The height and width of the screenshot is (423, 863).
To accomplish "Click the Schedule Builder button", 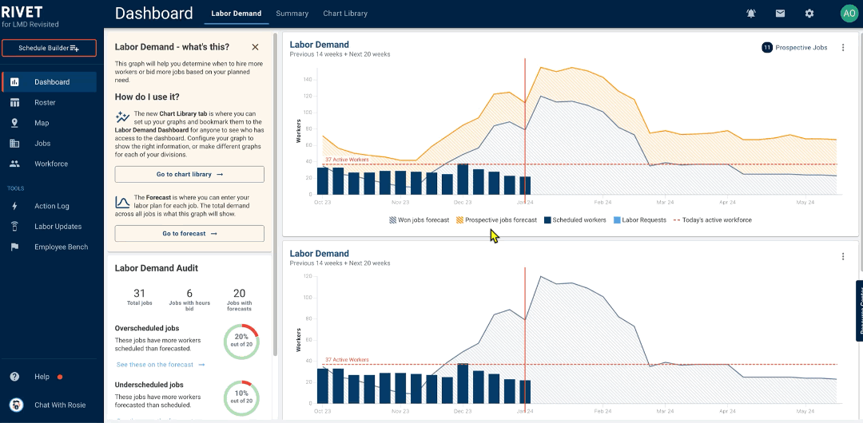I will [49, 49].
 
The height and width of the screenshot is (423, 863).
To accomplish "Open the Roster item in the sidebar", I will [45, 102].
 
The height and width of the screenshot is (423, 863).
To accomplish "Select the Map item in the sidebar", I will [42, 123].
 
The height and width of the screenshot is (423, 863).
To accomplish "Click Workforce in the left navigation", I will [50, 164].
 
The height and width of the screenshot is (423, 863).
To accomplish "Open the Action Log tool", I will [51, 206].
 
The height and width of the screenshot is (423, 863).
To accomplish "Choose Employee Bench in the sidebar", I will [61, 247].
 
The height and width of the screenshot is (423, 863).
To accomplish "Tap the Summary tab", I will [292, 14].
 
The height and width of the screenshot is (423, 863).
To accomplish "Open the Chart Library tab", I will [345, 14].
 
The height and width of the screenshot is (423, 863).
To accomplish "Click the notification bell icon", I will [751, 14].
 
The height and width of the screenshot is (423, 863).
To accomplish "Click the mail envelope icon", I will [780, 14].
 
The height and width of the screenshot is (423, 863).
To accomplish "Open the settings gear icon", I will [809, 14].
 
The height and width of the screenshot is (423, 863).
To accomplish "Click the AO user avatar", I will [848, 14].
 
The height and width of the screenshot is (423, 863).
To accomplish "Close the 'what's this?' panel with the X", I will [255, 47].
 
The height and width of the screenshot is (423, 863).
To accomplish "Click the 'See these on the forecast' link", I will [161, 365].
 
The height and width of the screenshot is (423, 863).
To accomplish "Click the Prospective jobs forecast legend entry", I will [496, 220].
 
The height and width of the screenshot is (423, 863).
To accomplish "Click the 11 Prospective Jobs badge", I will [794, 48].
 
